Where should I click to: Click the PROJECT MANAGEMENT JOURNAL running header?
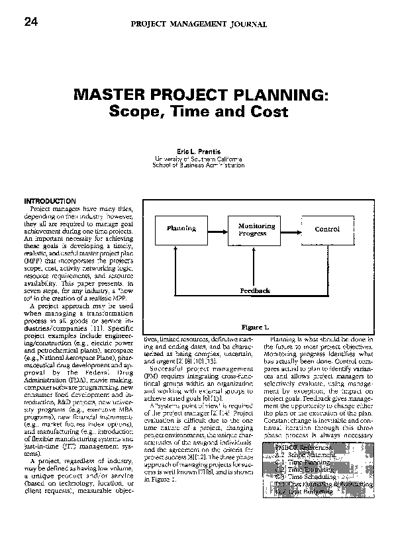tap(198, 24)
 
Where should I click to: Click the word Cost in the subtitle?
tap(270, 112)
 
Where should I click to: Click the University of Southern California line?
tap(198, 159)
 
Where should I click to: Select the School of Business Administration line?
tap(198, 165)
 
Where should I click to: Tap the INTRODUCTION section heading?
tap(50, 201)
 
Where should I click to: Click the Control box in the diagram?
tap(326, 229)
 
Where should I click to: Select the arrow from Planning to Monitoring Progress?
tap(217, 229)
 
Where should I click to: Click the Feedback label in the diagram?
tap(254, 290)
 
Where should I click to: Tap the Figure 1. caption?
tap(254, 327)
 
